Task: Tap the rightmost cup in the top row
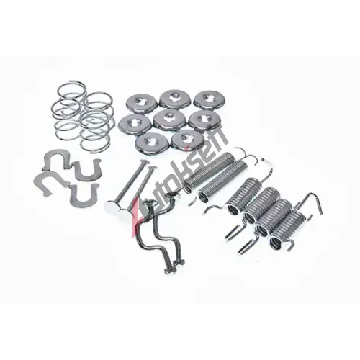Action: click(x=208, y=100)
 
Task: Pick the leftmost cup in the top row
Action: click(x=142, y=104)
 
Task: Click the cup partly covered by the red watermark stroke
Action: click(x=186, y=141)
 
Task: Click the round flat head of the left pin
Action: click(x=112, y=206)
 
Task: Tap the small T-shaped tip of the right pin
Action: click(x=150, y=167)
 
